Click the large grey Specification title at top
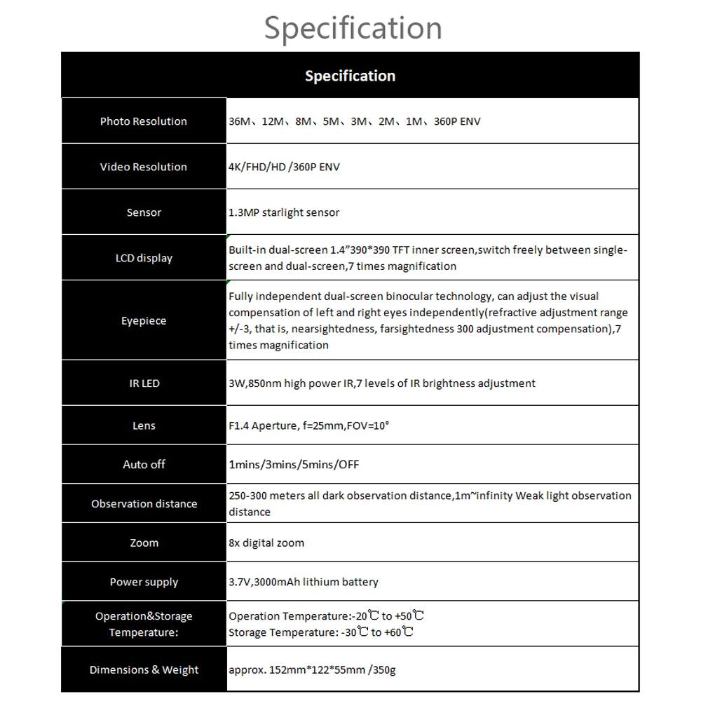pyautogui.click(x=353, y=28)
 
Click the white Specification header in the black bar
pyautogui.click(x=350, y=76)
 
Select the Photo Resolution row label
pyautogui.click(x=144, y=121)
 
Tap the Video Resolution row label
pyautogui.click(x=144, y=167)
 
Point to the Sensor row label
pyautogui.click(x=144, y=212)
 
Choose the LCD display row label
pyautogui.click(x=144, y=258)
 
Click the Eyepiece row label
pyautogui.click(x=144, y=321)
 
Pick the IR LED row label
pyautogui.click(x=144, y=383)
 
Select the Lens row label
pyautogui.click(x=144, y=426)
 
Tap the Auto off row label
pyautogui.click(x=144, y=464)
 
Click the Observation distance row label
pyautogui.click(x=144, y=504)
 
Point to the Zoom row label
pyautogui.click(x=144, y=543)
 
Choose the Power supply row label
pyautogui.click(x=144, y=582)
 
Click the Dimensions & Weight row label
pyautogui.click(x=144, y=669)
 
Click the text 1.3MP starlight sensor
pyautogui.click(x=284, y=212)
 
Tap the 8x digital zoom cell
pyautogui.click(x=266, y=543)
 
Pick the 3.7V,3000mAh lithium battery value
pyautogui.click(x=304, y=582)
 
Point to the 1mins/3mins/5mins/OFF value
pyautogui.click(x=294, y=464)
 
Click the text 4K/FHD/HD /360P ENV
pyautogui.click(x=284, y=167)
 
